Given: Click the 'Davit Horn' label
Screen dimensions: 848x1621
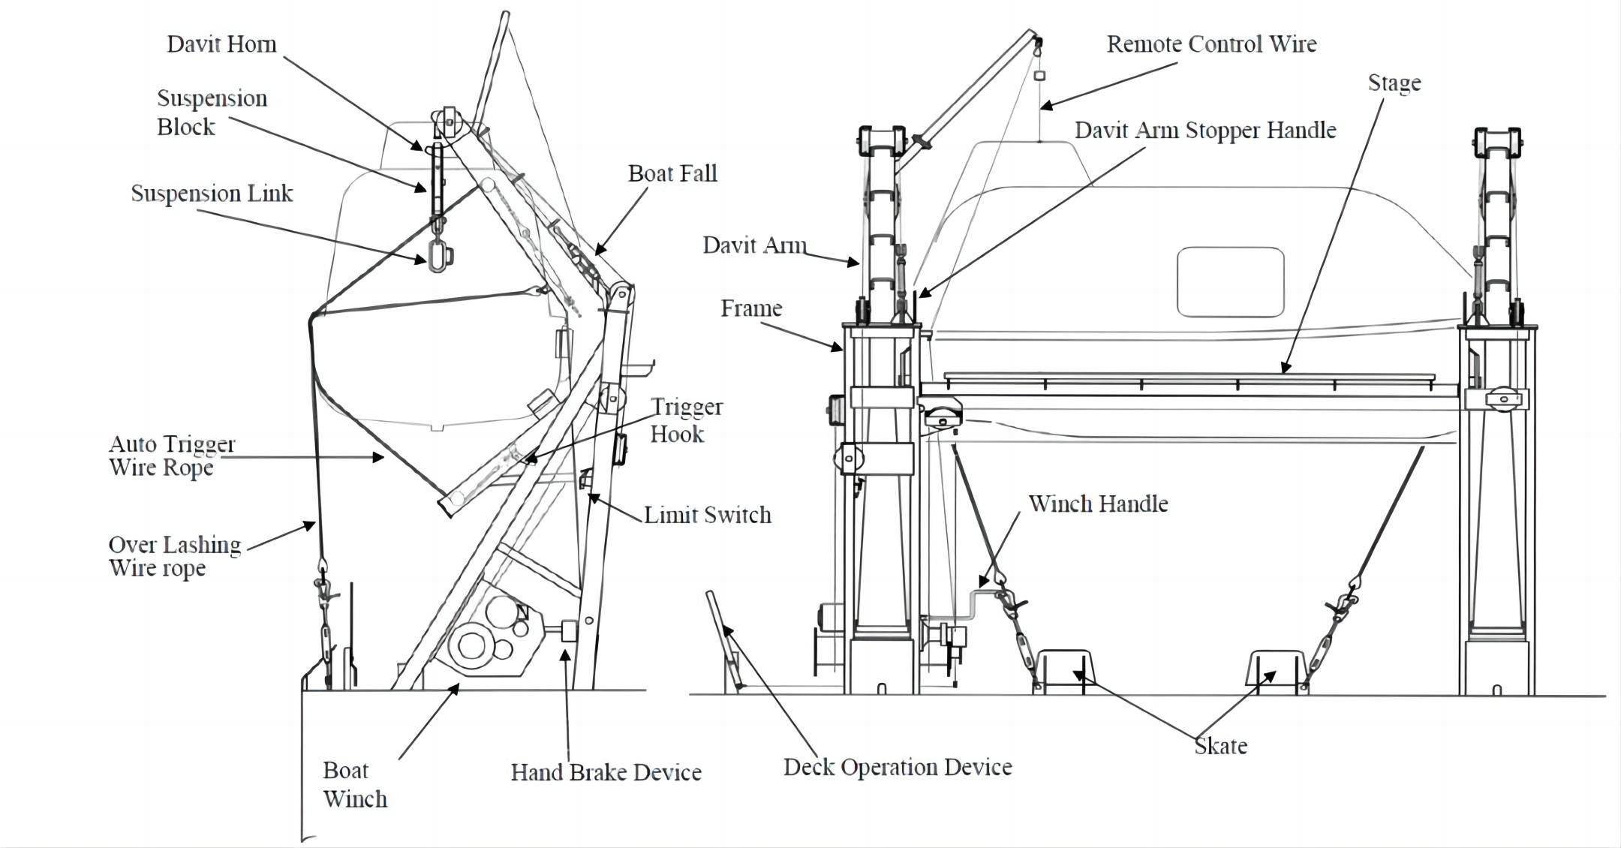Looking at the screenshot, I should [221, 44].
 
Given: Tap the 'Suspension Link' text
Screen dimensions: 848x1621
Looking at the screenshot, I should [212, 194].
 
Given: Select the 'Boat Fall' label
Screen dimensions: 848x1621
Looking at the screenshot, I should [672, 174].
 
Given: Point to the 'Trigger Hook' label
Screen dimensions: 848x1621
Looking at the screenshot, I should [685, 420].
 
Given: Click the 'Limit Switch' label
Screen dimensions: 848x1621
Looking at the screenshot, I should [707, 515].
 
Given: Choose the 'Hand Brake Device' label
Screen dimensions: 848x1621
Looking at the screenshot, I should [606, 772].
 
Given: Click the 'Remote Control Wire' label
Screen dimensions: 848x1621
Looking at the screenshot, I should [1211, 44].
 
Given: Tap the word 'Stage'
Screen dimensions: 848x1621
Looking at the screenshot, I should [1394, 83].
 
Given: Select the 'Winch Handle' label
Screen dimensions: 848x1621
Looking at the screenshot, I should [1097, 504].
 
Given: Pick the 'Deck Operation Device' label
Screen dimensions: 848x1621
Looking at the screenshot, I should [898, 767].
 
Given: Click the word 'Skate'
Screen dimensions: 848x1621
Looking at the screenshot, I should [1220, 746].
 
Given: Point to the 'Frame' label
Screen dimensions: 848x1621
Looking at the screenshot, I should [751, 308].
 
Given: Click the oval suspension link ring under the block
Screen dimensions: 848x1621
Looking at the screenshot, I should [438, 256].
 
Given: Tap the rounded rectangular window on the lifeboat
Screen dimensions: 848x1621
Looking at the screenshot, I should [1230, 282].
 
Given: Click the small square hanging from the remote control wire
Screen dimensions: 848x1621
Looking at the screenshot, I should [1039, 76].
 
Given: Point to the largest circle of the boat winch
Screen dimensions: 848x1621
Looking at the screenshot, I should [471, 645].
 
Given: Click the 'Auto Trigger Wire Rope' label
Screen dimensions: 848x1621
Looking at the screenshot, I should [172, 456].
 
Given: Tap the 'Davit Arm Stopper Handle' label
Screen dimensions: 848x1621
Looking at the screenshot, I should [1205, 131].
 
